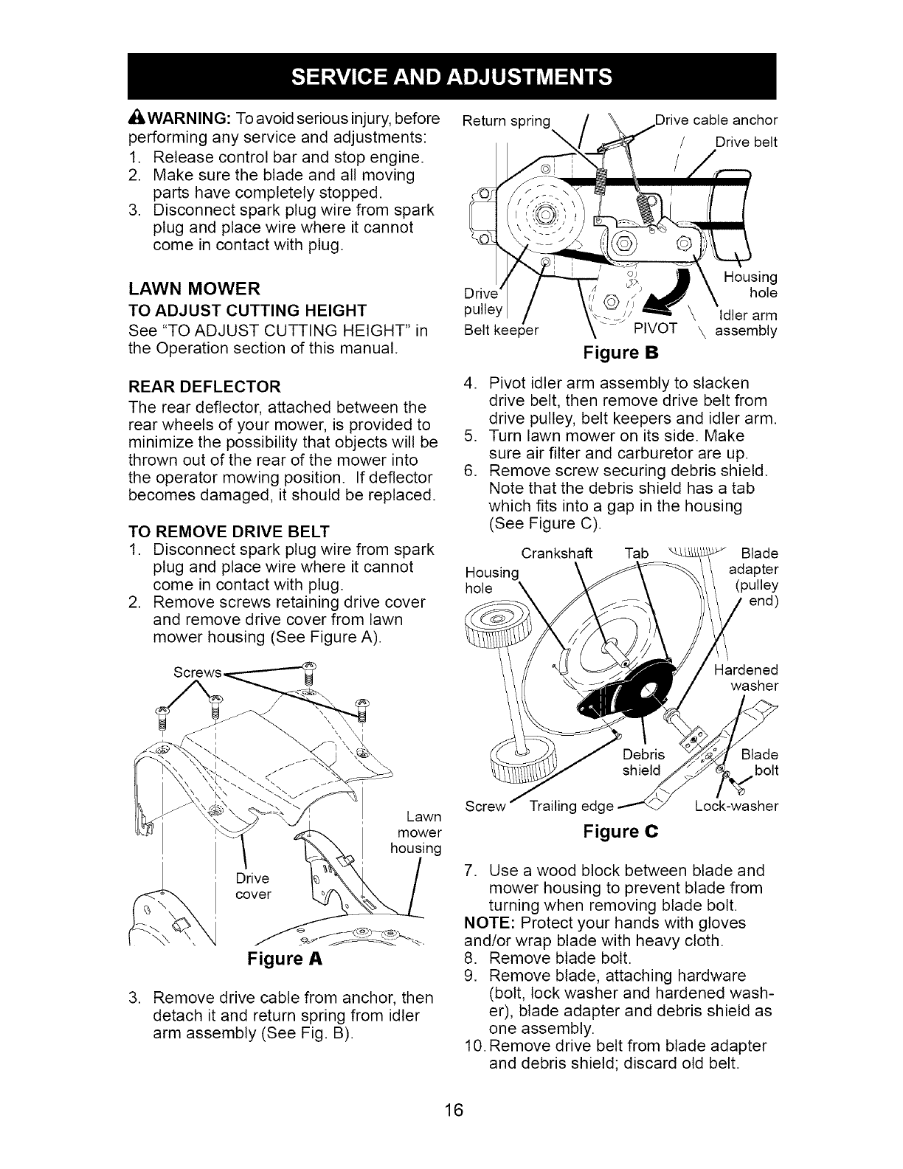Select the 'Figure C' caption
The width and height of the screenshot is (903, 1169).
620,832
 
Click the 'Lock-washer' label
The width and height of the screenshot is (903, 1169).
736,807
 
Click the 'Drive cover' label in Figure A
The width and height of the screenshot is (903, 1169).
254,886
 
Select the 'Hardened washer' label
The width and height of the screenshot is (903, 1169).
746,678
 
